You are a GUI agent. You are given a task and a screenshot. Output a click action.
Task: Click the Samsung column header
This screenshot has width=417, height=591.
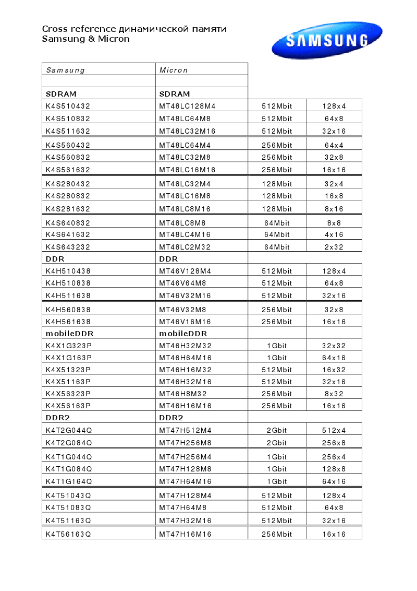[66, 70]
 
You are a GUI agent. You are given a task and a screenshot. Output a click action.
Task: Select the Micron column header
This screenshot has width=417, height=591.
[174, 70]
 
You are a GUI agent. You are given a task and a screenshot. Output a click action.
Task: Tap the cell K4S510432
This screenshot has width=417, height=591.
[68, 106]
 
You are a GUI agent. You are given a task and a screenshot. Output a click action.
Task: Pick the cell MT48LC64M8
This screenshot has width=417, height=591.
[185, 119]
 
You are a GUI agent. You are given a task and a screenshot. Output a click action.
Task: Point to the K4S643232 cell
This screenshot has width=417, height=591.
[68, 247]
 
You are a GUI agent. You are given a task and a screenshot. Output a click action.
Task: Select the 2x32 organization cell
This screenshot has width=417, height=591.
[334, 247]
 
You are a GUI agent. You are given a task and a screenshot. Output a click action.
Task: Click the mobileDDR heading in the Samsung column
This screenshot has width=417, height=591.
[69, 334]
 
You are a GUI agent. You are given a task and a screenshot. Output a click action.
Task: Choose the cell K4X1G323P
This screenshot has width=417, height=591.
[69, 346]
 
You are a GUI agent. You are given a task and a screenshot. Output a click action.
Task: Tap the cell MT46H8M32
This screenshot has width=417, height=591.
[183, 394]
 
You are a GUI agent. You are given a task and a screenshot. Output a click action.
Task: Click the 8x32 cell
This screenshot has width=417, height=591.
[334, 394]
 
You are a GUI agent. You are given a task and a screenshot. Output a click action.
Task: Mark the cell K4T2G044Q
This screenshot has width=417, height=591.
[69, 431]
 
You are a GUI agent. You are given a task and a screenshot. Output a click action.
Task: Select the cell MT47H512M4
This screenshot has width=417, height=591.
[185, 431]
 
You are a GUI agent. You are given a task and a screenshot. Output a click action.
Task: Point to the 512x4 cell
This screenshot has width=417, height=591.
[334, 431]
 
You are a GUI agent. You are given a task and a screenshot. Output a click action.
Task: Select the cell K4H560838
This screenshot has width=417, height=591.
[68, 310]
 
